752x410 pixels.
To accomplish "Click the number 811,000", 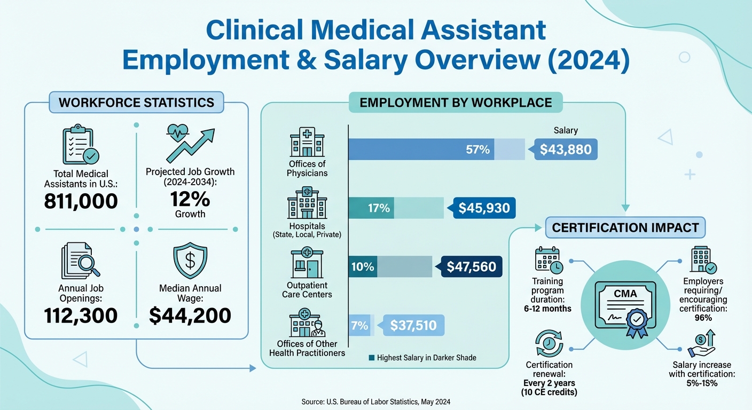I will click(81, 201).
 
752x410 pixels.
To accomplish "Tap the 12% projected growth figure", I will click(190, 199).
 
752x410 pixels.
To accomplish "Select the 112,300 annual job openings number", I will click(81, 316).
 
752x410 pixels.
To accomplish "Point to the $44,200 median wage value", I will click(190, 316).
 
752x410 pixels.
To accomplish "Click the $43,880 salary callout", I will click(566, 149).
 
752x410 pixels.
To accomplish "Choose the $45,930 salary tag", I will click(484, 208).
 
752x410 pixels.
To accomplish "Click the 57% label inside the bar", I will click(477, 149).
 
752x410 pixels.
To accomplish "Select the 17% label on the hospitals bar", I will click(379, 208).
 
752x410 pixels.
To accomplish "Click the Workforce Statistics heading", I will click(136, 102).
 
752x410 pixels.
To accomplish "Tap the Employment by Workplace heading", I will click(456, 102).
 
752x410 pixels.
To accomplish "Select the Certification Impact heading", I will click(625, 228).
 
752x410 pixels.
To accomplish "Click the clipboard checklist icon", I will click(80, 145).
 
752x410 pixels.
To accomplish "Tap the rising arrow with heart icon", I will click(190, 145).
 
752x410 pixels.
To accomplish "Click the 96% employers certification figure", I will click(703, 318).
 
